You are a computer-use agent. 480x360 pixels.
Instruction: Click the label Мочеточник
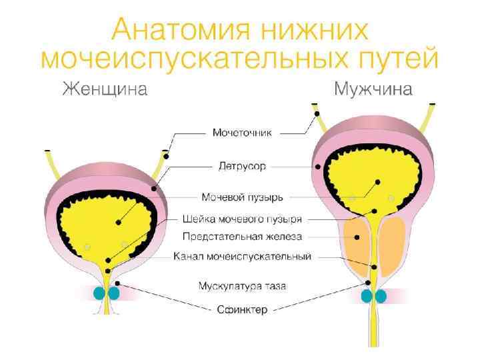click(x=243, y=133)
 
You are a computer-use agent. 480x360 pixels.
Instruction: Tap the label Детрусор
click(x=243, y=164)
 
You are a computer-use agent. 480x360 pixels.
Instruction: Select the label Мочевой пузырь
click(x=243, y=197)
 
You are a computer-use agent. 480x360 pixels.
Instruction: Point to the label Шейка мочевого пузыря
click(x=243, y=219)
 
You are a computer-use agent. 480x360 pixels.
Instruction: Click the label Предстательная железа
click(x=243, y=236)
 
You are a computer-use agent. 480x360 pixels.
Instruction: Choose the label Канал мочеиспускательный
click(x=243, y=255)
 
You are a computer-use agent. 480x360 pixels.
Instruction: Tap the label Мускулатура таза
click(x=243, y=287)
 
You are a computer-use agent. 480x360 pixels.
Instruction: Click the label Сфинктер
click(x=243, y=309)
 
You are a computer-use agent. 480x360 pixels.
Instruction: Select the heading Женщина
click(x=105, y=89)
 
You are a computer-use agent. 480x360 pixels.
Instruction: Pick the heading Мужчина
click(x=373, y=89)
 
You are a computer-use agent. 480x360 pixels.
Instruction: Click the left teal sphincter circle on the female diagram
click(x=101, y=293)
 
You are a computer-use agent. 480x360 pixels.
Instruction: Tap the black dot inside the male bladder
click(x=377, y=181)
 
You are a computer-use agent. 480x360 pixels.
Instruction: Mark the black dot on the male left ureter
click(x=317, y=114)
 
